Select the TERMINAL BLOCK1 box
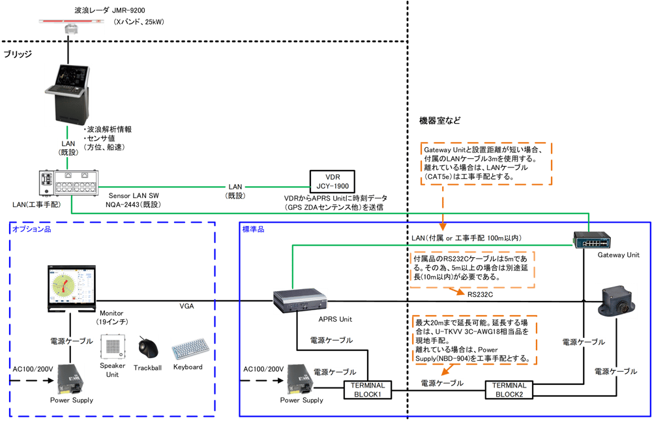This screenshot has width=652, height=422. (x=366, y=389)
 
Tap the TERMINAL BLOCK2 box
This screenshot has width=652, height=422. (x=509, y=389)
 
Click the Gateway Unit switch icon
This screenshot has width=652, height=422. (x=592, y=241)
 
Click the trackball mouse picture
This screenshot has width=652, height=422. (x=148, y=346)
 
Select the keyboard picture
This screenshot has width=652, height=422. (x=190, y=348)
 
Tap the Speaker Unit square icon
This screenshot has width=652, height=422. (x=112, y=347)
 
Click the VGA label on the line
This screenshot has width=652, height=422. (x=188, y=305)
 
